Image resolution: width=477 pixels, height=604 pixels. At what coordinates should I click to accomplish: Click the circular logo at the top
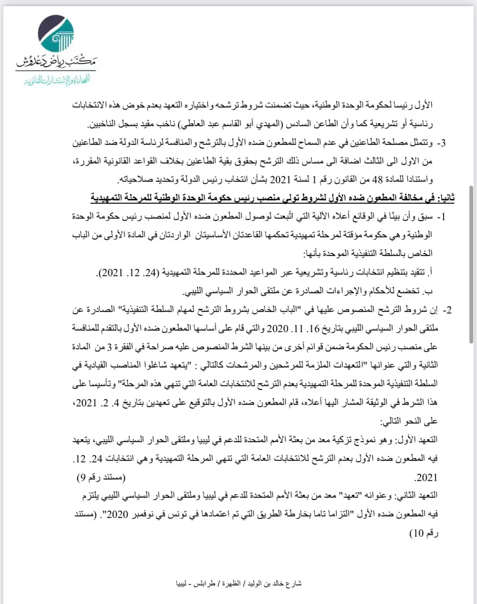click(56, 34)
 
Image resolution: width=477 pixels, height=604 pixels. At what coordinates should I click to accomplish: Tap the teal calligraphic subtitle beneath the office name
click(57, 80)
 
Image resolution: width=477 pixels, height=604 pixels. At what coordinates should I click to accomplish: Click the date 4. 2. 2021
click(99, 403)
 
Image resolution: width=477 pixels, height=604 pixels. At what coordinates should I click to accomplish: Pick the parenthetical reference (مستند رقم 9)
click(101, 478)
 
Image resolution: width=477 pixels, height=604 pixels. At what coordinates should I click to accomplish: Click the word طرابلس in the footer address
click(204, 584)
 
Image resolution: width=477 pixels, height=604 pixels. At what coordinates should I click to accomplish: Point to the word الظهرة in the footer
click(231, 584)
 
